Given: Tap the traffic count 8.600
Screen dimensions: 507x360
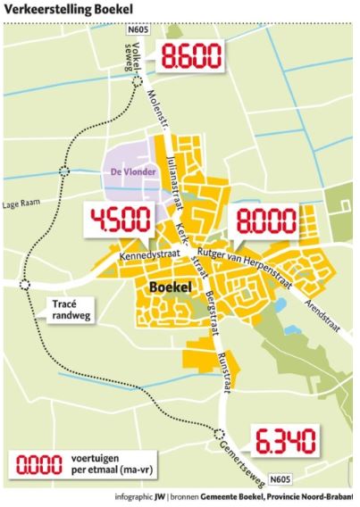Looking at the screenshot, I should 190,60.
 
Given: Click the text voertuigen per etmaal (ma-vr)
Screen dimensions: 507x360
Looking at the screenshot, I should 104,464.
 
